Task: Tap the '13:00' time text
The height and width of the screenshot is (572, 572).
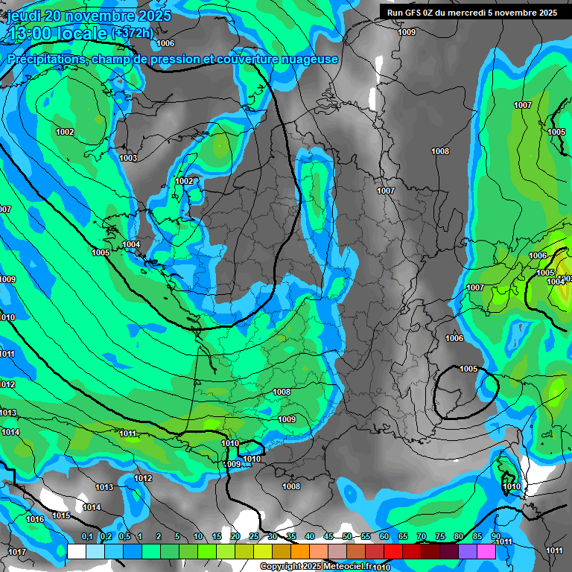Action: coord(31,34)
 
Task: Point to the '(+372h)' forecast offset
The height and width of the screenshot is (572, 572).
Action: coord(133,34)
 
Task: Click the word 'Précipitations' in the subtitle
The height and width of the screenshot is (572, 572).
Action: coord(45,59)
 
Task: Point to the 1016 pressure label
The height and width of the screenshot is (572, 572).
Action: coord(35,519)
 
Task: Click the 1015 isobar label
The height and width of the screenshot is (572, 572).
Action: coord(61,515)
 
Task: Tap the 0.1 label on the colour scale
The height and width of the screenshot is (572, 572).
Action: coord(86,537)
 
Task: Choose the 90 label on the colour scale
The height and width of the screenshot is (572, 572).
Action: coord(495,537)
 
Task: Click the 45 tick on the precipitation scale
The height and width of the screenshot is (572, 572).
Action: coord(328,537)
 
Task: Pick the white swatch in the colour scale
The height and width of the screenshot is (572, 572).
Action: coord(76,551)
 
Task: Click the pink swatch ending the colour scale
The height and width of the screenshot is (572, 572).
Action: coord(486,551)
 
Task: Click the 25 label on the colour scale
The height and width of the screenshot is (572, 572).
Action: coord(254,537)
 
